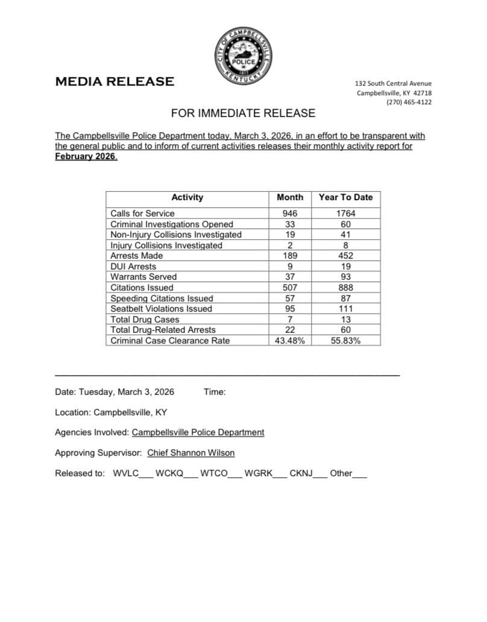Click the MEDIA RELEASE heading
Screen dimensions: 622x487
pyautogui.click(x=115, y=81)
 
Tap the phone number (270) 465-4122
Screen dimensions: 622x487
pyautogui.click(x=409, y=102)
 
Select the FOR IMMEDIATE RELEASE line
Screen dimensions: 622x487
pyautogui.click(x=243, y=113)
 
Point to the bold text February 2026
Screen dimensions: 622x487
pyautogui.click(x=86, y=157)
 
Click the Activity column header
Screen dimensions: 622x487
pyautogui.click(x=187, y=197)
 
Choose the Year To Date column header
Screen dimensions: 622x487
pyautogui.click(x=345, y=197)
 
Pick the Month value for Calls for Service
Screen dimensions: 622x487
pyautogui.click(x=290, y=213)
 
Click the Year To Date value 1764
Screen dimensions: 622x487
pyautogui.click(x=345, y=213)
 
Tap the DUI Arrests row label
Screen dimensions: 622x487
pyautogui.click(x=133, y=266)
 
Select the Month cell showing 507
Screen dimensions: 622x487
pyautogui.click(x=290, y=287)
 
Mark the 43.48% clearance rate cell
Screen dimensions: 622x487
pyautogui.click(x=290, y=341)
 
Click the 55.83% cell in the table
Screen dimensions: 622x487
pyautogui.click(x=345, y=341)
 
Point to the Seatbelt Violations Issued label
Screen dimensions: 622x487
pyautogui.click(x=161, y=309)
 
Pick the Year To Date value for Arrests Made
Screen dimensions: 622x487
pyautogui.click(x=345, y=256)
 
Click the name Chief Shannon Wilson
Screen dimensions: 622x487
pyautogui.click(x=191, y=453)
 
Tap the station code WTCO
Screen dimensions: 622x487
pyautogui.click(x=213, y=473)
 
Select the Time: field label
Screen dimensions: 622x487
pyautogui.click(x=215, y=392)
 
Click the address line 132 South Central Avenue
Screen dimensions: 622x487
pyautogui.click(x=393, y=83)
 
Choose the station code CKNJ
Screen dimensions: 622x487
pyautogui.click(x=301, y=473)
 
